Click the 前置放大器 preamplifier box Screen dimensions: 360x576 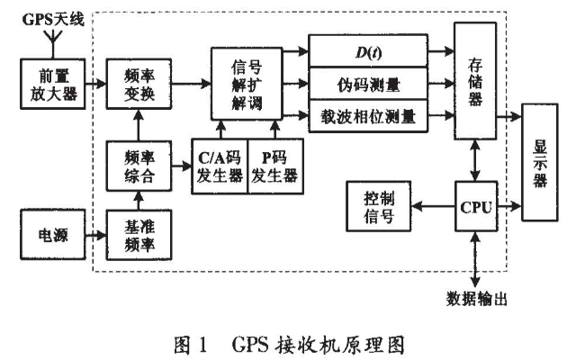click(52, 84)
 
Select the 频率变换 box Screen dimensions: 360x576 click(132, 84)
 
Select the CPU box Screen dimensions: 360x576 click(475, 207)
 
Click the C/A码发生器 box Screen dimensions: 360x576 click(219, 167)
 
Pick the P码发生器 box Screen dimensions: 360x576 click(274, 167)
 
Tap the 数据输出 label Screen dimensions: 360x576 click(476, 297)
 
